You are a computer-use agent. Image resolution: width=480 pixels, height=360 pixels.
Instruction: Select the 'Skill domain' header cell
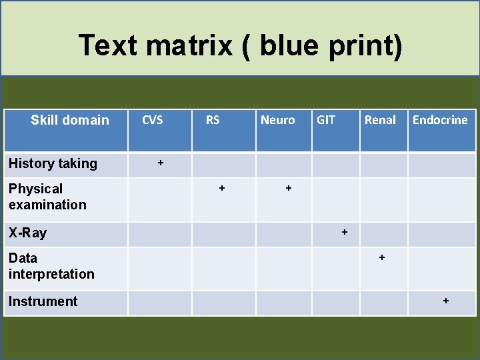(70, 120)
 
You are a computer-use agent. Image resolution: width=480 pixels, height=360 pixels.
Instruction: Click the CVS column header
(153, 120)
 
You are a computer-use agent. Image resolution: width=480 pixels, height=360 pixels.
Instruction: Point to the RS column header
(213, 120)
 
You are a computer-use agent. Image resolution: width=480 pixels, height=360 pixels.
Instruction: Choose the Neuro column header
(277, 120)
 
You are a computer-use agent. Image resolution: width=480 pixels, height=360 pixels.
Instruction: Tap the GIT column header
(326, 120)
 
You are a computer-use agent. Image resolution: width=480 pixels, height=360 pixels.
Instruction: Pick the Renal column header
(380, 120)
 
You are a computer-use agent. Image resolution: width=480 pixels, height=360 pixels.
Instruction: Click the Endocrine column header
(440, 120)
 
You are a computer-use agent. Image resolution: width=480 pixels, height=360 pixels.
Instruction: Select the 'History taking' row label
(53, 163)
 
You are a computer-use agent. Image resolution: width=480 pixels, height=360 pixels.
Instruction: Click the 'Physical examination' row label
(47, 197)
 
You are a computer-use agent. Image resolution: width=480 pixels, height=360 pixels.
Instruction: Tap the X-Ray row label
(28, 233)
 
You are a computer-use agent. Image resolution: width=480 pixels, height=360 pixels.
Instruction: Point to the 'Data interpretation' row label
(51, 266)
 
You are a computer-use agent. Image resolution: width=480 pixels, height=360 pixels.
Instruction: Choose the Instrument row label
(43, 301)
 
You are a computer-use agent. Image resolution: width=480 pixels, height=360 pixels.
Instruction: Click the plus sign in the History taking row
(160, 162)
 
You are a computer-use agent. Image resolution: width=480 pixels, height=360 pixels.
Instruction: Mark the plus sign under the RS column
(222, 189)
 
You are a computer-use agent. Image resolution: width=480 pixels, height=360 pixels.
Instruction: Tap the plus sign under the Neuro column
(289, 189)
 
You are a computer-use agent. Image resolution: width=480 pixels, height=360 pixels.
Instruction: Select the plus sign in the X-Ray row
(345, 232)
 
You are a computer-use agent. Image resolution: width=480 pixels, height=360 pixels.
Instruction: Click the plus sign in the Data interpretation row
(382, 257)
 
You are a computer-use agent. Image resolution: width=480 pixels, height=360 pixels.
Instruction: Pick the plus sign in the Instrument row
(446, 301)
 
